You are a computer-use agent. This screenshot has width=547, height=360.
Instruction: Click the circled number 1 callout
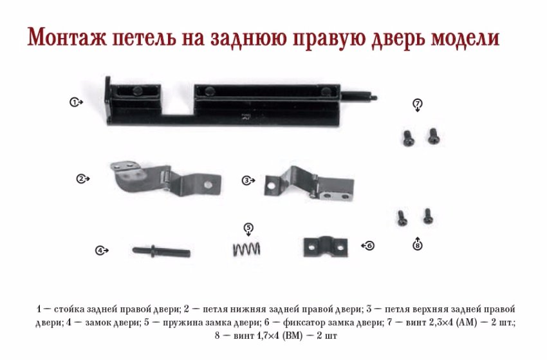pos(74,102)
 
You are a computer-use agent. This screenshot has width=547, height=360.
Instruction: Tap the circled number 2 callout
pos(81,179)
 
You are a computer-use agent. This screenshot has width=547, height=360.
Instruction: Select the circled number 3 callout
pos(246,180)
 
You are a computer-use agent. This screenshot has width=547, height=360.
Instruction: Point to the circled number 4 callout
pos(100,251)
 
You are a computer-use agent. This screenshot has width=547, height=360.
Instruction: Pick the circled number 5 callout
pos(248,228)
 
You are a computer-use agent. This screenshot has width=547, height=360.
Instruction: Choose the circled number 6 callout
pos(370,246)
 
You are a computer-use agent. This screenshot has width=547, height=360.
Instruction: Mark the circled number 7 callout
pos(418,103)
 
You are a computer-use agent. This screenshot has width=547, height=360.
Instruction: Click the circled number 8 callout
pos(418,246)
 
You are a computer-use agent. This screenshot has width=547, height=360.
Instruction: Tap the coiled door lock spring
pos(246,249)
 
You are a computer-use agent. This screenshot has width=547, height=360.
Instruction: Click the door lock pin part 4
pos(161,251)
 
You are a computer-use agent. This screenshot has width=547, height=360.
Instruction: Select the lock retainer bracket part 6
pos(326,247)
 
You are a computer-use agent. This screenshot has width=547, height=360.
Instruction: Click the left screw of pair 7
pos(408,138)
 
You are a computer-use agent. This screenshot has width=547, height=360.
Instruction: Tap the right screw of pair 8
pos(428,216)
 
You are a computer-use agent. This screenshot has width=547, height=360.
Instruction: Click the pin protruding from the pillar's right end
pos(359,96)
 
